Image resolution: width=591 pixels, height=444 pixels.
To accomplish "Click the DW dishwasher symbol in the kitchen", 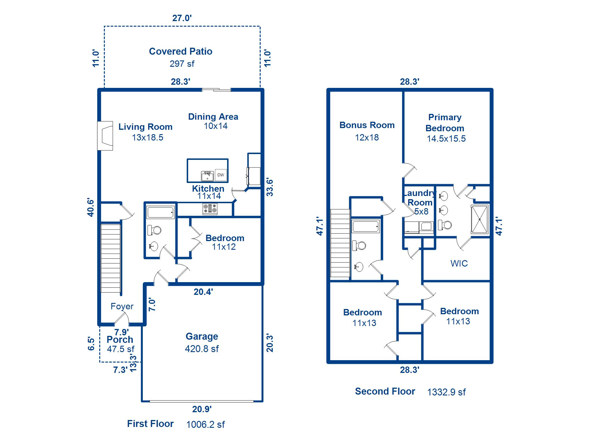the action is (x=221, y=175).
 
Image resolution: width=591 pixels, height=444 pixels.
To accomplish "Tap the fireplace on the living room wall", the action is (x=105, y=136).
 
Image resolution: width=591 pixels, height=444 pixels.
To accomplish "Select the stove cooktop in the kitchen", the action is (x=210, y=209).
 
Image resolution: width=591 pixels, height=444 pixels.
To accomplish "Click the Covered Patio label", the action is (x=181, y=51).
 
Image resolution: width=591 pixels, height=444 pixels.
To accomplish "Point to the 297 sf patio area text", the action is (x=182, y=64).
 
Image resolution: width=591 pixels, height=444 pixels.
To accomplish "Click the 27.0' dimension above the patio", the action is (x=182, y=18).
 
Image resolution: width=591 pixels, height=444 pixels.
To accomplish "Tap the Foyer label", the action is (x=122, y=306).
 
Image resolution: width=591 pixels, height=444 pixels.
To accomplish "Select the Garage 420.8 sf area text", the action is (x=202, y=349).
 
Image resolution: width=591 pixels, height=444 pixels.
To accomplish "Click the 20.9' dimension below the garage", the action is (x=202, y=409).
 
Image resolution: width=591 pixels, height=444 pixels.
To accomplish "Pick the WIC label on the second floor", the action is (x=459, y=263).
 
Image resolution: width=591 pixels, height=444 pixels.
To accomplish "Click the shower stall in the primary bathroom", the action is (x=480, y=219).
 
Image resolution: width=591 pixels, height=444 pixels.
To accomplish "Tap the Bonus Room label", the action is (x=367, y=125).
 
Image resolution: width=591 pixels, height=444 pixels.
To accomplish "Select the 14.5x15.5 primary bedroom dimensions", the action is (x=446, y=138).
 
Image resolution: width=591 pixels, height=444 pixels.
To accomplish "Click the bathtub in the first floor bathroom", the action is (x=160, y=212).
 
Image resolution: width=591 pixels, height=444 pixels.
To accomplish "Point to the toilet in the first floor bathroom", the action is (x=154, y=230).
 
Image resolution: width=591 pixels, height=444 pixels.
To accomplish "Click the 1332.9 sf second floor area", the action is (x=446, y=392).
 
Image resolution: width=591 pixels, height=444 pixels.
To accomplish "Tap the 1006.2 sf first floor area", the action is (x=205, y=424).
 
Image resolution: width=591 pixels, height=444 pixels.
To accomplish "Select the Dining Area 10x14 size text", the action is (x=216, y=126).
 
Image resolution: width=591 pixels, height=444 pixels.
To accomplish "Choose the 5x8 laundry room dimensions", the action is (x=421, y=212).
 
